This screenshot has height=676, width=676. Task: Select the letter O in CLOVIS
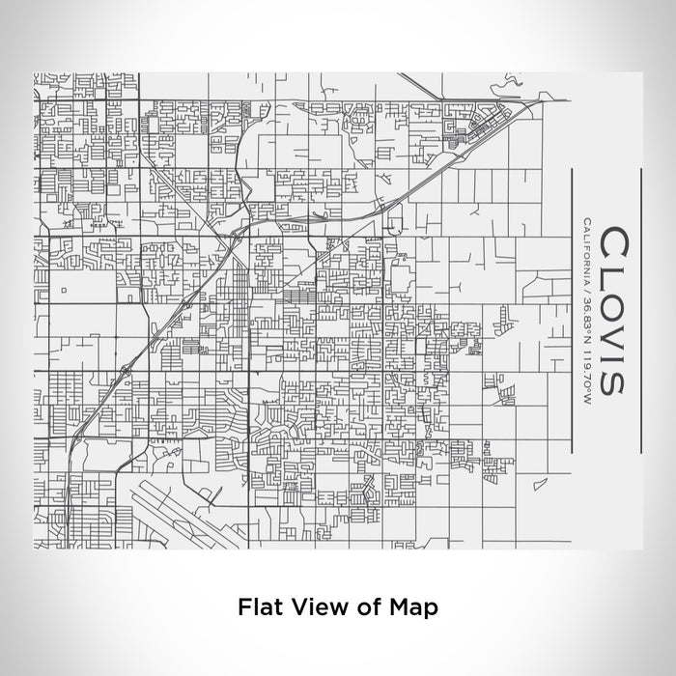click(x=613, y=304)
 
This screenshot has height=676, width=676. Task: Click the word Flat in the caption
click(x=257, y=607)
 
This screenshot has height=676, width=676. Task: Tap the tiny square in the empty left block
click(x=60, y=289)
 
